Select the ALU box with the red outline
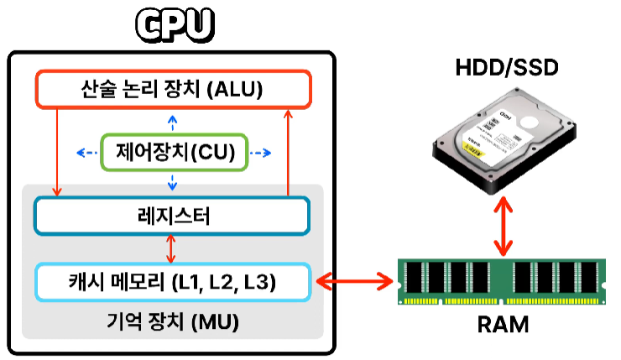click(173, 88)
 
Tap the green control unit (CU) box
click(173, 153)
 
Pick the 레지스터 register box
click(173, 217)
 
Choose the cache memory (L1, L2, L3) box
click(173, 283)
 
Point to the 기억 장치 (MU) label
click(173, 322)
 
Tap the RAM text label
click(504, 323)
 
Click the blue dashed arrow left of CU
click(87, 153)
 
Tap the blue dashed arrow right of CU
click(260, 153)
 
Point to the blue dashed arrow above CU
click(173, 122)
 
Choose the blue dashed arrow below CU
click(173, 182)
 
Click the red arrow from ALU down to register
click(57, 151)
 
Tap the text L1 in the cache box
click(185, 283)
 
